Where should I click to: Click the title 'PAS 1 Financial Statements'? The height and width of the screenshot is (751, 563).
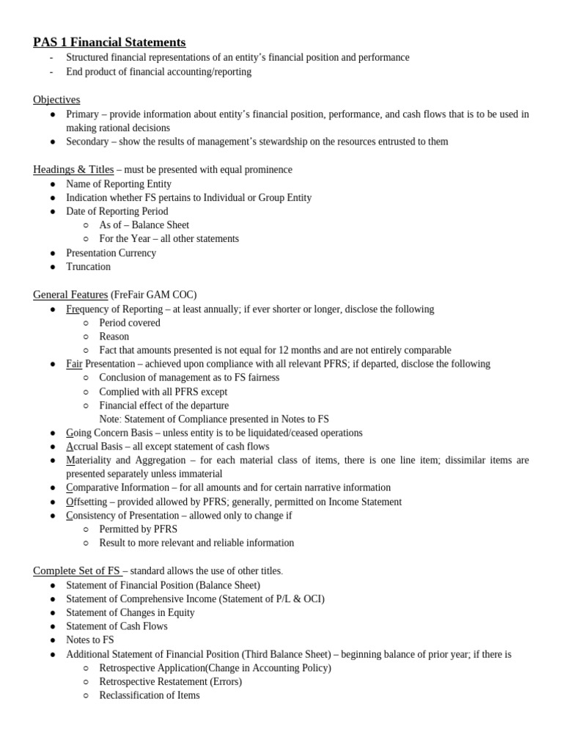pos(109,43)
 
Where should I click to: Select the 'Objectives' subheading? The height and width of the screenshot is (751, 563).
pos(56,100)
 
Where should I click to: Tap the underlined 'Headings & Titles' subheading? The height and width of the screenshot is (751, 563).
pos(73,169)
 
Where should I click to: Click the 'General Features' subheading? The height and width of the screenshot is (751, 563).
pos(70,295)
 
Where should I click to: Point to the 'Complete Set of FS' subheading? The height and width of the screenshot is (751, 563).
pos(77,571)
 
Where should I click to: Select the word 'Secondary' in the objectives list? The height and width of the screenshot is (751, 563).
pos(88,142)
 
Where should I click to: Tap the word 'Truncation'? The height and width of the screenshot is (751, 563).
pos(88,267)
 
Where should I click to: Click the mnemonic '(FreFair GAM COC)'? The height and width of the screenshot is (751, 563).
pos(154,295)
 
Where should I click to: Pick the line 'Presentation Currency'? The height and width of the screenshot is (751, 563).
pos(111,253)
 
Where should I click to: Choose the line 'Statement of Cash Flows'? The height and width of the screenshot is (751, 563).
pos(117,626)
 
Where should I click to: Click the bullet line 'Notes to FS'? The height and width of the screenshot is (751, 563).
pos(90,640)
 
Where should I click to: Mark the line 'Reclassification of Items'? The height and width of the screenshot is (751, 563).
pos(150,695)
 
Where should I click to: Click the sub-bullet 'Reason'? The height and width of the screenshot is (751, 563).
pos(114,337)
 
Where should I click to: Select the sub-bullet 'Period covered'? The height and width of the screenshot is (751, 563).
pos(130,323)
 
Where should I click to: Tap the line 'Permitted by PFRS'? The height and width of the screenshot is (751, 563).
pos(139,530)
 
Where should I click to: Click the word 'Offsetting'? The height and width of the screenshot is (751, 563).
pos(87,502)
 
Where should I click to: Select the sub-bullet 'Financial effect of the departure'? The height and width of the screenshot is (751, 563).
pos(164,406)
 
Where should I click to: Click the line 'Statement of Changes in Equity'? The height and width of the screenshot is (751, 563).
pos(130,612)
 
